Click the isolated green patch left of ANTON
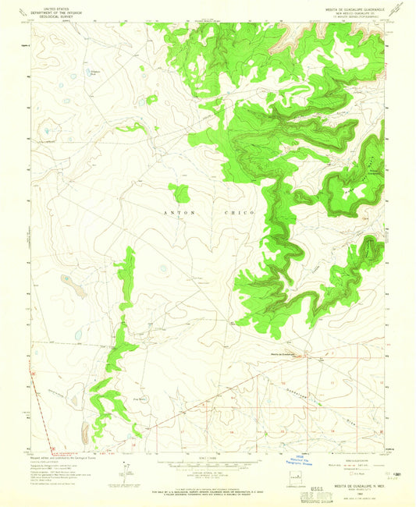[x=180, y=193]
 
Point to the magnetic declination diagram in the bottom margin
[x=125, y=472]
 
